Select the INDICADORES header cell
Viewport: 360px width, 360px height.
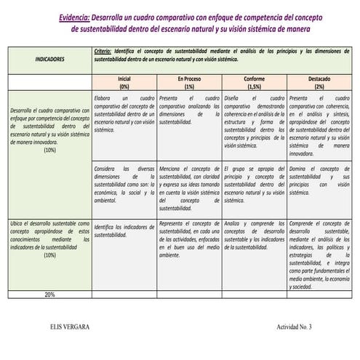coord(49,58)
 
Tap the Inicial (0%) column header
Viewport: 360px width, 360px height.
coord(124,81)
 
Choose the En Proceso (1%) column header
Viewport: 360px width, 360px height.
coord(189,81)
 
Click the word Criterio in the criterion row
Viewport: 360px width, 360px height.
coord(108,53)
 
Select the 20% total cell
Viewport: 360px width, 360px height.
coord(49,295)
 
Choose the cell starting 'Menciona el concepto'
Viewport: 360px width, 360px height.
coord(189,188)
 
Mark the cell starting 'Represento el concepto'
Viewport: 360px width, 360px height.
coord(189,240)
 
